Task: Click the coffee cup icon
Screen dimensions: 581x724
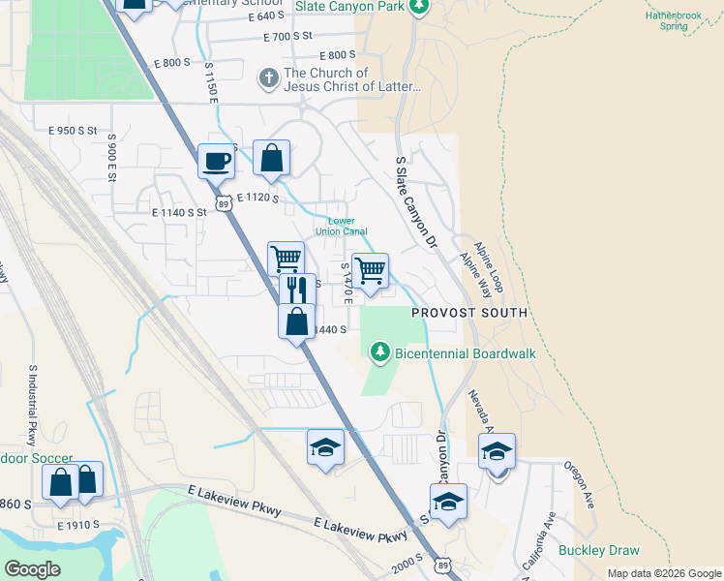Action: (216, 160)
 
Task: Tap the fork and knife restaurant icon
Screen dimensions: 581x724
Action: (298, 289)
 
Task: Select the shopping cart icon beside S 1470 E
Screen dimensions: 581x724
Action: (370, 270)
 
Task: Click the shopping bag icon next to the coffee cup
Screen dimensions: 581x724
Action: (272, 158)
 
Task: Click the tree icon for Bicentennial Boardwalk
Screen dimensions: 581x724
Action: (381, 352)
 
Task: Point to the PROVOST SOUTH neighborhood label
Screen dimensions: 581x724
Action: (469, 313)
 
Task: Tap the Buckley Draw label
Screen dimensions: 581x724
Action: (599, 551)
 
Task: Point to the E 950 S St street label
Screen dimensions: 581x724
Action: (73, 130)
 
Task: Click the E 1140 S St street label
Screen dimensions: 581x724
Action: (179, 211)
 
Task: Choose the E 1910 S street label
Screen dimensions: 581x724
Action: (79, 525)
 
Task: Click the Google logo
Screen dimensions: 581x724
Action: (32, 569)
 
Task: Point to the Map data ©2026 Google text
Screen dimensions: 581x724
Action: (662, 573)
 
